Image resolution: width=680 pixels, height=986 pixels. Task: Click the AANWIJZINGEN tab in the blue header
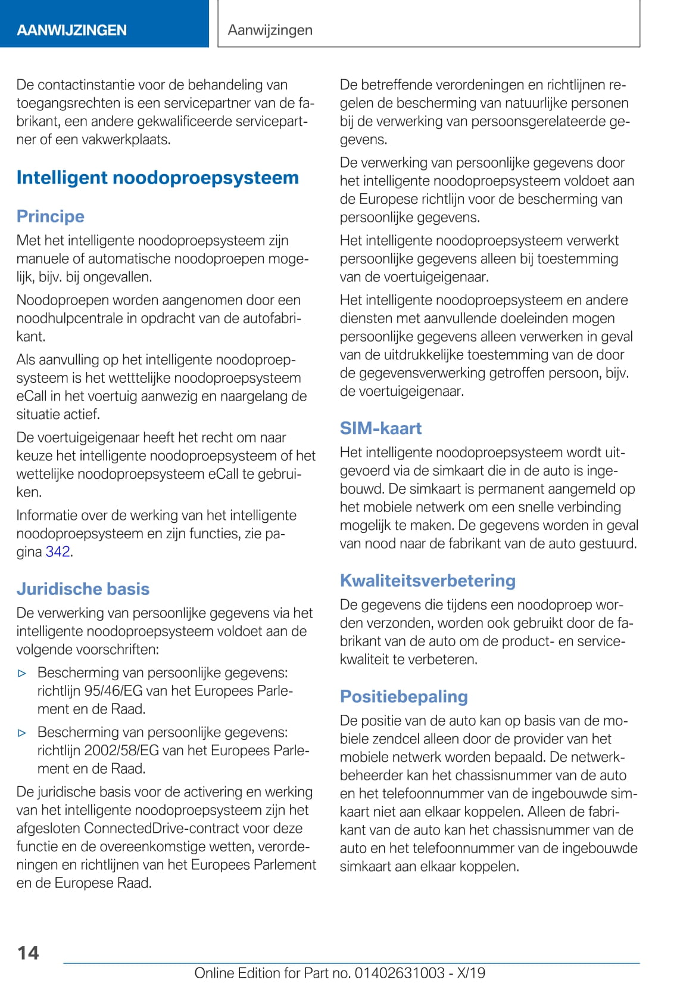click(x=71, y=30)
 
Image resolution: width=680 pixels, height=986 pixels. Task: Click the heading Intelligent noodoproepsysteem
click(x=157, y=178)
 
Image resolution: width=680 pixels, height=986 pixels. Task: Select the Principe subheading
click(x=51, y=216)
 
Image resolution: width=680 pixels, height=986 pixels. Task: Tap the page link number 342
click(x=58, y=551)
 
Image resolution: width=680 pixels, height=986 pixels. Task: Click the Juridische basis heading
click(x=83, y=588)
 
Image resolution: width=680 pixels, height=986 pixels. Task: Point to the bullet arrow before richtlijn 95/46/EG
click(x=22, y=674)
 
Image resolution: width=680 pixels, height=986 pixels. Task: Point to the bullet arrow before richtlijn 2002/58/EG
click(x=22, y=733)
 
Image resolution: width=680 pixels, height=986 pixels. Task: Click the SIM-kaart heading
click(x=380, y=428)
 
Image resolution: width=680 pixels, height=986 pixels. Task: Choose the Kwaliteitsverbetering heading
click(x=428, y=580)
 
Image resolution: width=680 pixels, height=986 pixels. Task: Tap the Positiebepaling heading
click(x=404, y=696)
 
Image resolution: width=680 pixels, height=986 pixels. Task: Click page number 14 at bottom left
click(x=28, y=953)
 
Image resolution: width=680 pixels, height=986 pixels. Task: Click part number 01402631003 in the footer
click(x=400, y=973)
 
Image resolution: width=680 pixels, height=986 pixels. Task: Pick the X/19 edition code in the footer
click(x=471, y=973)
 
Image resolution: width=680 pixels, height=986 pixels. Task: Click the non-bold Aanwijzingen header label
click(x=270, y=30)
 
